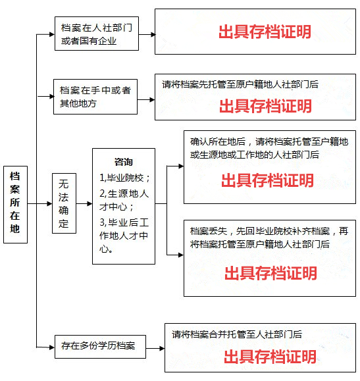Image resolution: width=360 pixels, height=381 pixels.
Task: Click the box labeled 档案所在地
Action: (x=15, y=205)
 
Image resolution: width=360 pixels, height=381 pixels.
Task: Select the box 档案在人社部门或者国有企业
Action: (x=97, y=34)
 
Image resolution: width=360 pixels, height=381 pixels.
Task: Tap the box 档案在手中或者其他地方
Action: (x=95, y=97)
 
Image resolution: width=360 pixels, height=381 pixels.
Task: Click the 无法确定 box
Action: (x=64, y=203)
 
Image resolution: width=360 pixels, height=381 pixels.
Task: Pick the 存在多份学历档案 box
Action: (x=101, y=347)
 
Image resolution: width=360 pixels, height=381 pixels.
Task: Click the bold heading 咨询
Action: (x=124, y=162)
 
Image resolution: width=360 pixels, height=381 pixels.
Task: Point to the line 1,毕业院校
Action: (x=124, y=178)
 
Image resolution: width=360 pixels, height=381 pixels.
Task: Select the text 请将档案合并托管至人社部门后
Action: (x=237, y=334)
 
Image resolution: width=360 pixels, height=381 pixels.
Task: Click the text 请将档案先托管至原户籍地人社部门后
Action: (x=240, y=85)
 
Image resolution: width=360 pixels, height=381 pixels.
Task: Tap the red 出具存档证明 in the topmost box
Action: (x=265, y=32)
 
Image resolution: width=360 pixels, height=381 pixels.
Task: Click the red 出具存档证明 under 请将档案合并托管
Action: (x=270, y=357)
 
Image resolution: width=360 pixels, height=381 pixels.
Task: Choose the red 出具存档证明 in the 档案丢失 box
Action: (x=270, y=273)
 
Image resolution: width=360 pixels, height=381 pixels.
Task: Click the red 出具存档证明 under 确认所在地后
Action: (x=267, y=180)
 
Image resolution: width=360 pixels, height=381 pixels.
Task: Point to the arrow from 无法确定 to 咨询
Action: (x=84, y=203)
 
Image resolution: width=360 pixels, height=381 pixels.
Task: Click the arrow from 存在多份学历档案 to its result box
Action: (x=155, y=349)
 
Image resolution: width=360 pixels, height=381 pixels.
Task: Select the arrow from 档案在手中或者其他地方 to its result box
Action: (x=146, y=99)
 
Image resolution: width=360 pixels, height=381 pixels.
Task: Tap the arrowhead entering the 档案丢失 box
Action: (x=181, y=255)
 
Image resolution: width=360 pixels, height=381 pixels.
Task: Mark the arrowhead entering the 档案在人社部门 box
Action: (x=52, y=34)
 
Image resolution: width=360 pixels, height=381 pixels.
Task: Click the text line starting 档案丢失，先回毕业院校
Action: (x=269, y=231)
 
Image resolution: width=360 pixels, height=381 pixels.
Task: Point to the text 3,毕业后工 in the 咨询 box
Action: (x=124, y=222)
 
